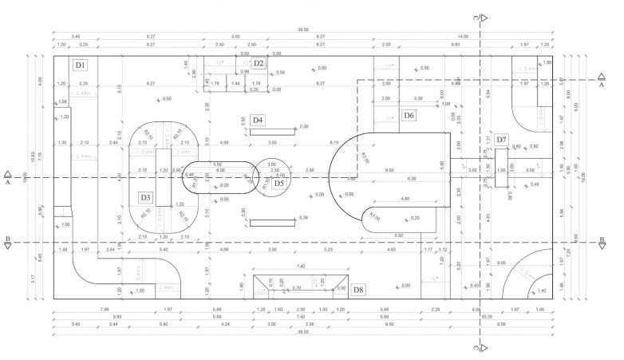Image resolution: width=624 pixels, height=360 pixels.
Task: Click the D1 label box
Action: [x=80, y=64]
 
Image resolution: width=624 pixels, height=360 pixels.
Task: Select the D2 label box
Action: [x=259, y=63]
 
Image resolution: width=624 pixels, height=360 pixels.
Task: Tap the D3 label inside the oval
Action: [x=145, y=197]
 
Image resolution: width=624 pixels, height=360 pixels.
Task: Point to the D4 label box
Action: [x=258, y=120]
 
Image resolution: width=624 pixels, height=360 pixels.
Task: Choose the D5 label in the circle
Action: [x=278, y=183]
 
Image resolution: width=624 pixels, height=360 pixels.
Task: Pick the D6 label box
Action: [x=409, y=116]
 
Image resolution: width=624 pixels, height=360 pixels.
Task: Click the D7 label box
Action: [x=501, y=140]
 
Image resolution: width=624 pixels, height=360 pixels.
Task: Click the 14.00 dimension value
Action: [x=463, y=37]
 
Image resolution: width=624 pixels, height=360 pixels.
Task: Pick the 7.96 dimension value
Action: [x=105, y=310]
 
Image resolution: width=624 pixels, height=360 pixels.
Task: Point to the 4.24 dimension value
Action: [x=226, y=324]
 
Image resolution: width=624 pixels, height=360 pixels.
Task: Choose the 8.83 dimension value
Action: [x=456, y=45]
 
